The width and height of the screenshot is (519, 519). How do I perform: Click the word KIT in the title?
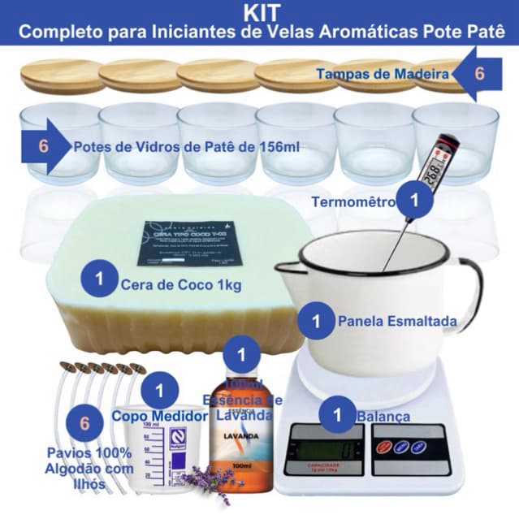tap(259, 14)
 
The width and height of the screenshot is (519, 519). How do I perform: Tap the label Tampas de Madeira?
tap(383, 75)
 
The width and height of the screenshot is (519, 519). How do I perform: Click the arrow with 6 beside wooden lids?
tap(478, 73)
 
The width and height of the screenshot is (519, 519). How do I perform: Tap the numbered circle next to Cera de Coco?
tap(98, 280)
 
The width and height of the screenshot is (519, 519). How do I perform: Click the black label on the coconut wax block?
tap(190, 241)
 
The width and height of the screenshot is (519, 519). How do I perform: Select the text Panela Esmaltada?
tap(396, 321)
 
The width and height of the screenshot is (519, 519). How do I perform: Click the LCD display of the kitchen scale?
tap(323, 447)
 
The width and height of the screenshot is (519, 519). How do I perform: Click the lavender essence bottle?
tap(240, 439)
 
